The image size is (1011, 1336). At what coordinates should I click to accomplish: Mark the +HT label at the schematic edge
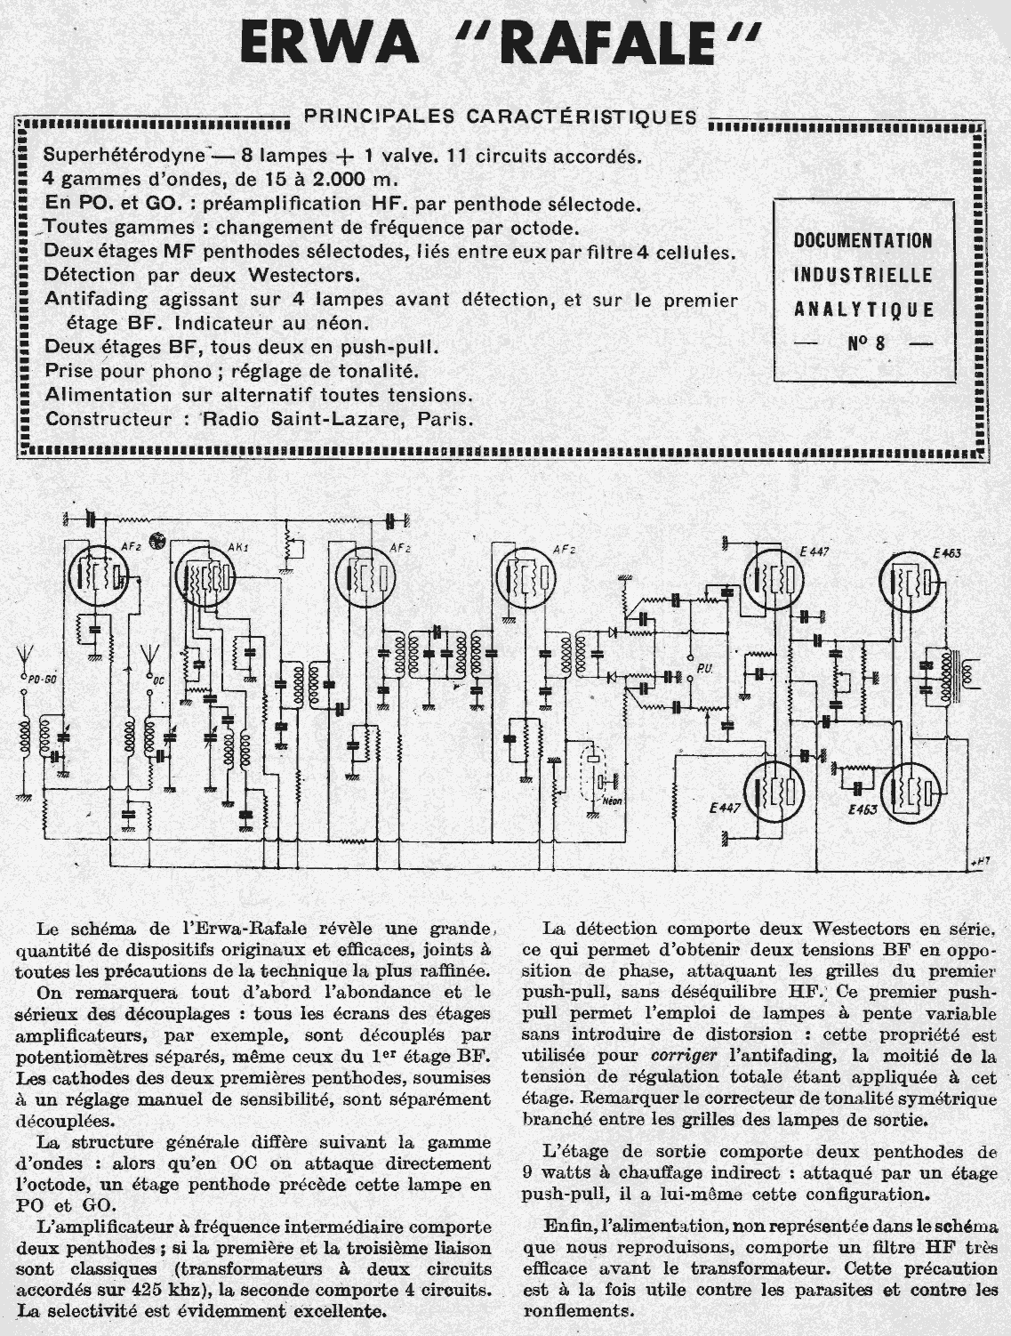[980, 860]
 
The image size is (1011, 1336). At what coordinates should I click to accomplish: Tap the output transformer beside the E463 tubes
[946, 676]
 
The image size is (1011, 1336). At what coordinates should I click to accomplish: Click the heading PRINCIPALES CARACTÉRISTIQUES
[500, 117]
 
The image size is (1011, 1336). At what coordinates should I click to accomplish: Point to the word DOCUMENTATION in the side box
[863, 240]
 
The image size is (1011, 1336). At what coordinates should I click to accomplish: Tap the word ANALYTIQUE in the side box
[863, 310]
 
